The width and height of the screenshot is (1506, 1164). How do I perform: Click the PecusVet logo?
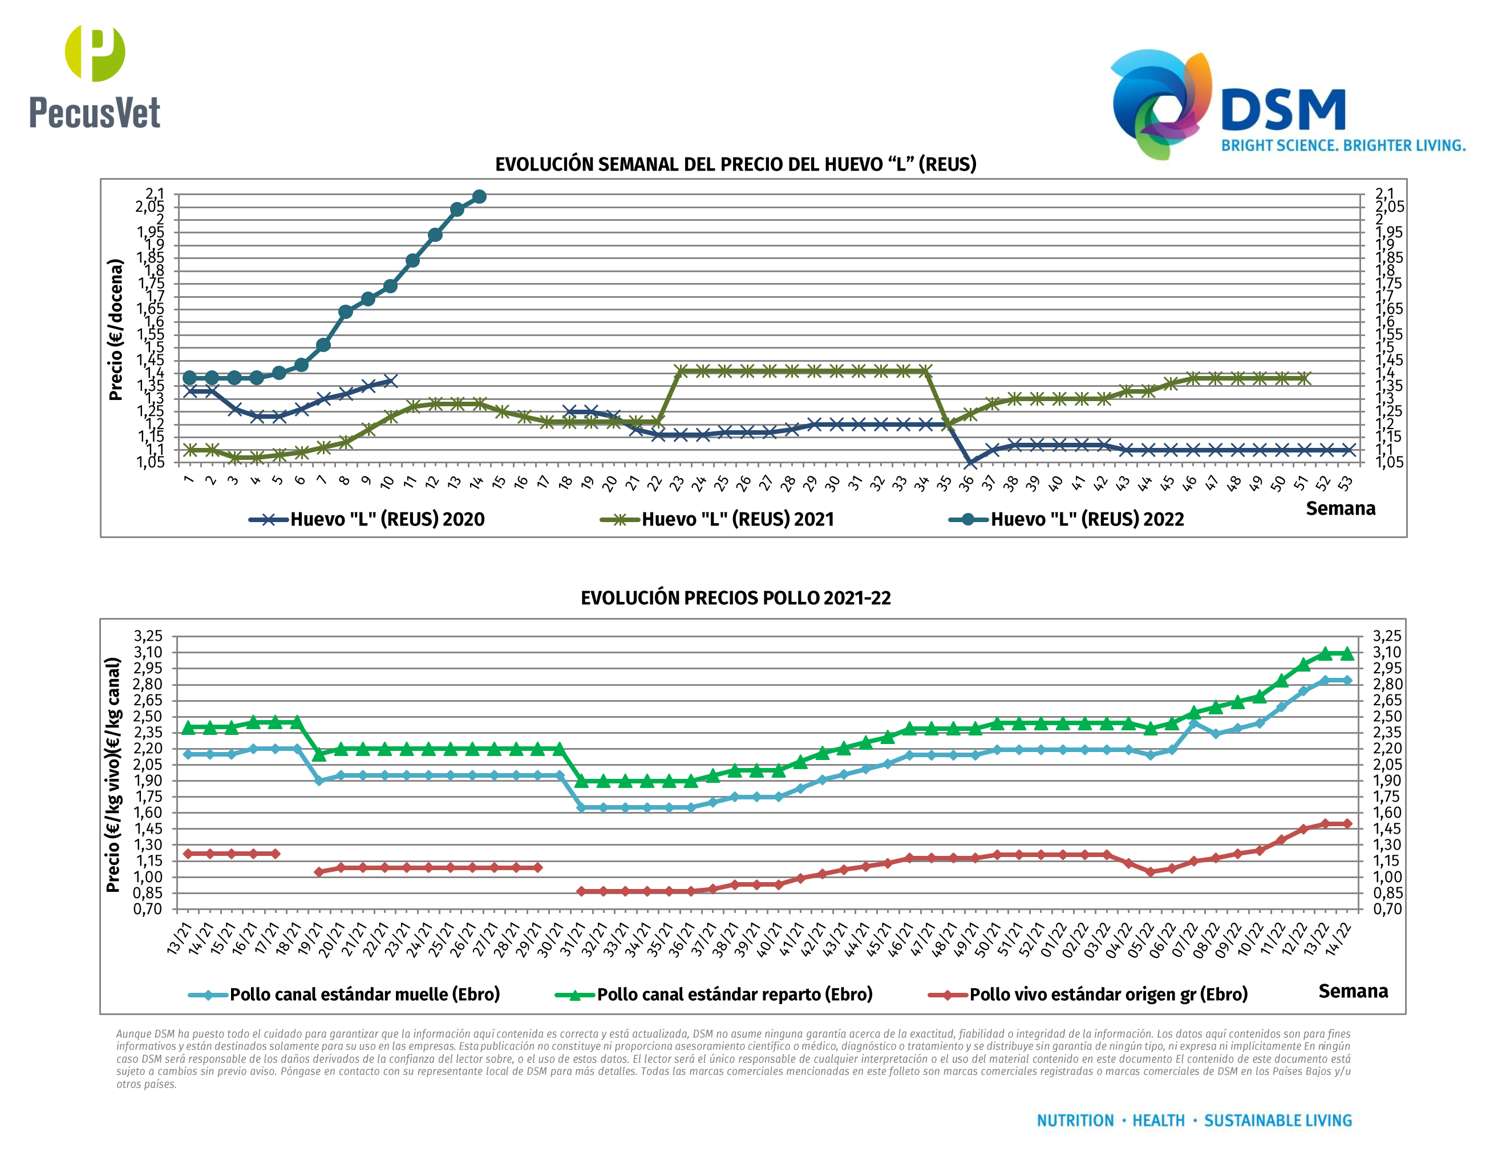(95, 77)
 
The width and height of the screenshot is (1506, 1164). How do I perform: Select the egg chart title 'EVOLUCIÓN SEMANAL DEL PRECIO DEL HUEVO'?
(735, 164)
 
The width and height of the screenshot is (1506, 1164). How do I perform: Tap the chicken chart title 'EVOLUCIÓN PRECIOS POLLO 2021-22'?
(735, 598)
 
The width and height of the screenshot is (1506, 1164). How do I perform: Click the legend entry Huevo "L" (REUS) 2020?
(367, 519)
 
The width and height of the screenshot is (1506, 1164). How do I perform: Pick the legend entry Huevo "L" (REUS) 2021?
(717, 519)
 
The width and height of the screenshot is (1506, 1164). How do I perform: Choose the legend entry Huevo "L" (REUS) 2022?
(1066, 519)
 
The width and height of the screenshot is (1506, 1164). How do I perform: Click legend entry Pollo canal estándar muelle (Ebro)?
(344, 995)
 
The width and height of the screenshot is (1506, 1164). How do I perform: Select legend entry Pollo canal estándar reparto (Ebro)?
(714, 995)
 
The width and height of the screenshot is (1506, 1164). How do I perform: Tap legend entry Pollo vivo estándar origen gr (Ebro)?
(1087, 995)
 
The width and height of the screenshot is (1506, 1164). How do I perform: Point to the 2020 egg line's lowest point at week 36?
(970, 463)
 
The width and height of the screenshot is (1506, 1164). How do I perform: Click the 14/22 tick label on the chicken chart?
(1338, 939)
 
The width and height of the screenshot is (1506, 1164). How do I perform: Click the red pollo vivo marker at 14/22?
(1347, 823)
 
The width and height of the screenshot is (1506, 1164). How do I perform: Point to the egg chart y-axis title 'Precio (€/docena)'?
(116, 330)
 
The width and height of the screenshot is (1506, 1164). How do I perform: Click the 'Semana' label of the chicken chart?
(1353, 991)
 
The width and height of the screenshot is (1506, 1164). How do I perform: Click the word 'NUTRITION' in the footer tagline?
(1075, 1121)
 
